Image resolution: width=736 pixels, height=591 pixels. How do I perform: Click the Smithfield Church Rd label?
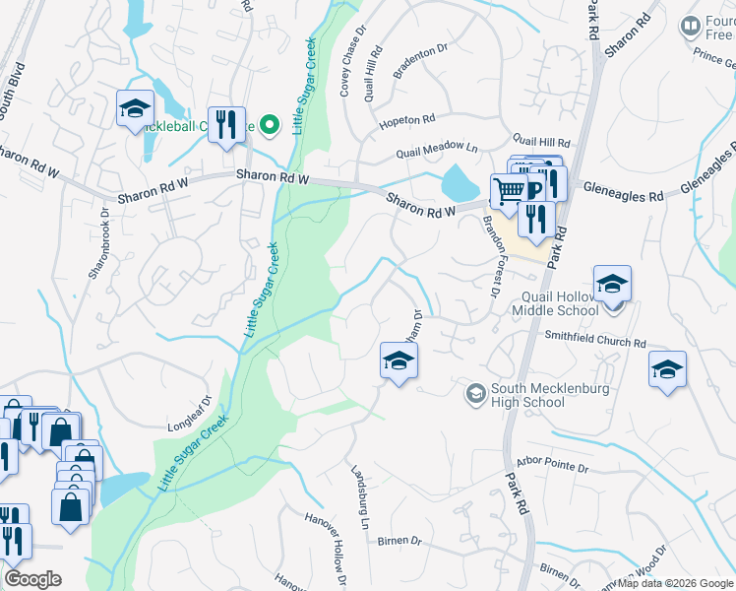595,340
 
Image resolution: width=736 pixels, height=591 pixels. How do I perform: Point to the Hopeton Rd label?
407,120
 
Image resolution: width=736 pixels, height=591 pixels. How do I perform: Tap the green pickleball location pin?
272,125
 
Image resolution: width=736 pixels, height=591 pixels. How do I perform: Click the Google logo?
32,579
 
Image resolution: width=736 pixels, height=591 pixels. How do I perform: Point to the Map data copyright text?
675,582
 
